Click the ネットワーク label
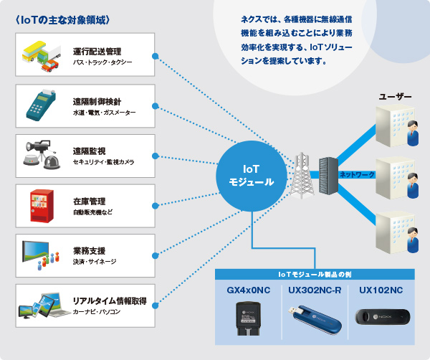coord(357,174)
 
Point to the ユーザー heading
coord(395,96)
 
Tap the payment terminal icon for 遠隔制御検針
coord(41,105)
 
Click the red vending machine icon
coord(39,204)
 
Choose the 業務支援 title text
coord(89,251)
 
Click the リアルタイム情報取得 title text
coord(110,302)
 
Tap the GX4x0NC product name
coord(248,290)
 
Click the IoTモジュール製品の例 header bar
coord(315,275)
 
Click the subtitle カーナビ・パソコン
coord(97,313)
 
